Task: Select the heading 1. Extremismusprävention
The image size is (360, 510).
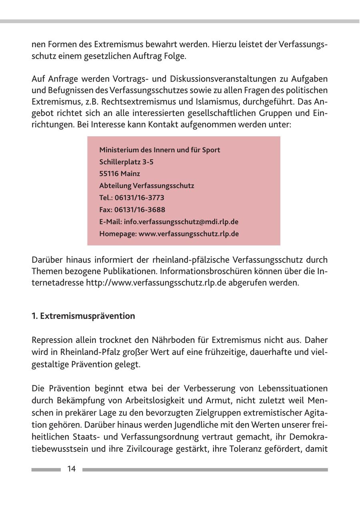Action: pyautogui.click(x=84, y=316)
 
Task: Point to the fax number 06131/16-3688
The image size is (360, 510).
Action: pyautogui.click(x=140, y=209)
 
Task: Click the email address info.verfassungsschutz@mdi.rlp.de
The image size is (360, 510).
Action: pyautogui.click(x=181, y=221)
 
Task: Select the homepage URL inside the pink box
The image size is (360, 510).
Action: pyautogui.click(x=189, y=234)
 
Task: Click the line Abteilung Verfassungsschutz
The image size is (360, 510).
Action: pyautogui.click(x=146, y=186)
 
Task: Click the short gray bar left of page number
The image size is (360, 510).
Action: pyautogui.click(x=46, y=470)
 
